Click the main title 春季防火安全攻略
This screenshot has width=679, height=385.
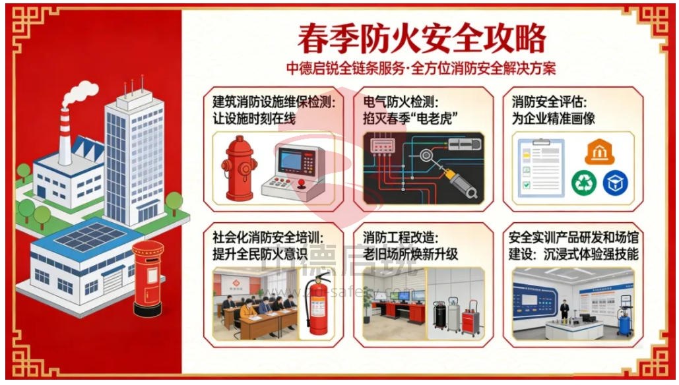point(422,38)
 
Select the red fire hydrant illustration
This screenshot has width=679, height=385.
point(239,167)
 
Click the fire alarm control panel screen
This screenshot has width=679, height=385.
point(296,160)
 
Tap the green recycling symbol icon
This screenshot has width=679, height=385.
point(583,182)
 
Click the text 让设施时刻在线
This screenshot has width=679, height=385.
point(254,119)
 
